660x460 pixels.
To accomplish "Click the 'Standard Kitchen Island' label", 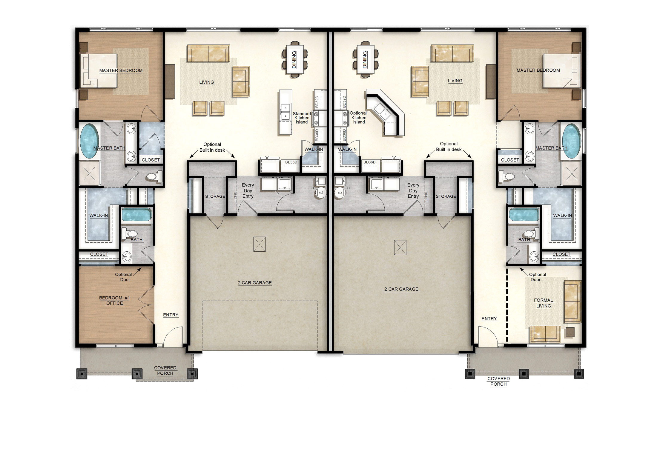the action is pyautogui.click(x=302, y=118).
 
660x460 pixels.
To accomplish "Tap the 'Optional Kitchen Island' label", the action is pyautogui.click(x=358, y=117).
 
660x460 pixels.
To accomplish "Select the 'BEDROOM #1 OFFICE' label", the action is pyautogui.click(x=114, y=300).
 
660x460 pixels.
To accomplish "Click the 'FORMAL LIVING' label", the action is pyautogui.click(x=544, y=303).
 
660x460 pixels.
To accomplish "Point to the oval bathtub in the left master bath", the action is pyautogui.click(x=89, y=141).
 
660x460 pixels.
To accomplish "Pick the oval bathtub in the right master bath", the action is pyautogui.click(x=571, y=141).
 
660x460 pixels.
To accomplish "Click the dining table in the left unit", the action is pyautogui.click(x=295, y=59).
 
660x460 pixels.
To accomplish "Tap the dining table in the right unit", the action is pyautogui.click(x=366, y=59).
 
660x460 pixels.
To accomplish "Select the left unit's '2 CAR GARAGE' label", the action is pyautogui.click(x=255, y=283).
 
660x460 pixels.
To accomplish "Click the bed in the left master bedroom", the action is pyautogui.click(x=99, y=71).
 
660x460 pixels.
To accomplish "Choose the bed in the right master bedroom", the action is pyautogui.click(x=562, y=71).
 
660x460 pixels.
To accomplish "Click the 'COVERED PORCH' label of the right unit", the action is pyautogui.click(x=498, y=381).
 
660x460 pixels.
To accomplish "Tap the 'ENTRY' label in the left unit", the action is pyautogui.click(x=171, y=315).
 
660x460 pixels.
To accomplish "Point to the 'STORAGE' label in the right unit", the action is pyautogui.click(x=446, y=196).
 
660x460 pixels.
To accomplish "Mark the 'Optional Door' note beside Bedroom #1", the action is pyautogui.click(x=123, y=277).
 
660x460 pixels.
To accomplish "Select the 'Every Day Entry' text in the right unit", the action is pyautogui.click(x=413, y=190).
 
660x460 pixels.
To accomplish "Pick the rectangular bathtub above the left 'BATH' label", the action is pyautogui.click(x=136, y=214).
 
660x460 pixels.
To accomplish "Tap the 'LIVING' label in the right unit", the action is pyautogui.click(x=455, y=81).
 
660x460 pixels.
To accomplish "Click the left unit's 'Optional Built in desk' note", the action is pyautogui.click(x=212, y=147).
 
